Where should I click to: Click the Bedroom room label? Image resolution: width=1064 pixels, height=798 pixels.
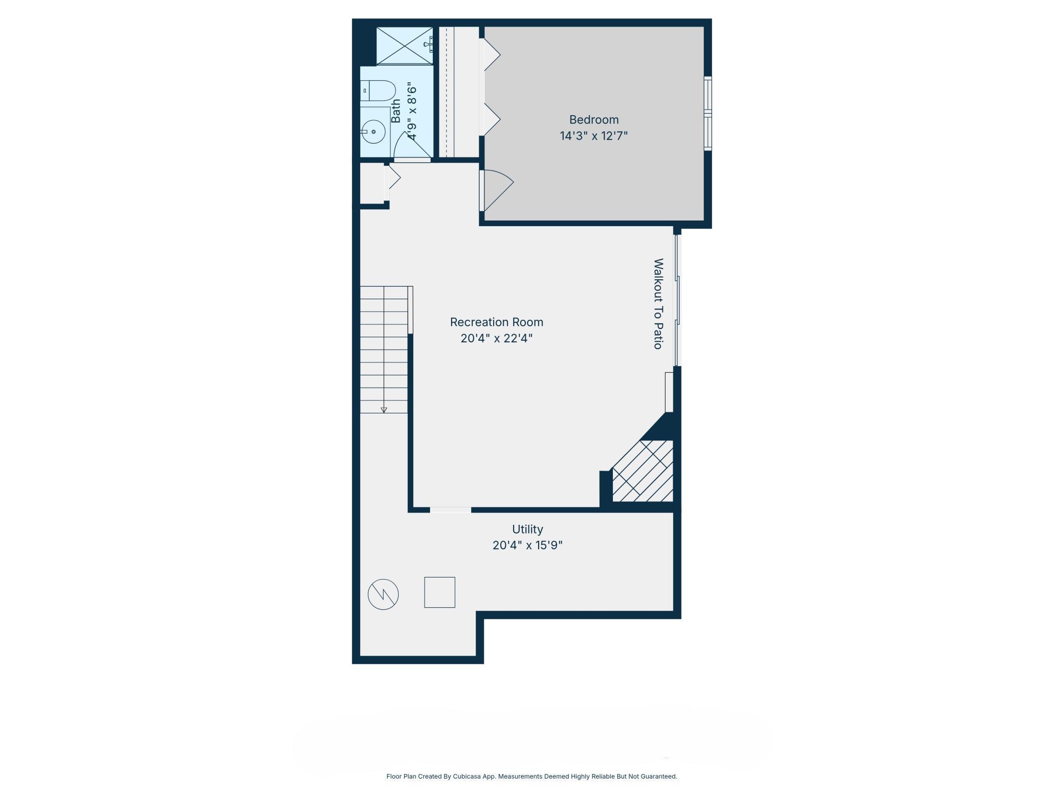(x=593, y=120)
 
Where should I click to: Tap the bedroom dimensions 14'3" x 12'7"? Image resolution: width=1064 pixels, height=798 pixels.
(x=593, y=136)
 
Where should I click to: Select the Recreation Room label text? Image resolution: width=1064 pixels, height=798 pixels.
(x=496, y=322)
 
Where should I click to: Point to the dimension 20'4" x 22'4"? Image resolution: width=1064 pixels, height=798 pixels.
(x=497, y=338)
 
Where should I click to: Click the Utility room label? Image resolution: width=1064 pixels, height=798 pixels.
(x=527, y=529)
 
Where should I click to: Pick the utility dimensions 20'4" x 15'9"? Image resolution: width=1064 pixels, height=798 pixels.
(x=527, y=545)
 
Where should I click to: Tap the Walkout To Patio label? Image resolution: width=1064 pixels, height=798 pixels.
(x=658, y=304)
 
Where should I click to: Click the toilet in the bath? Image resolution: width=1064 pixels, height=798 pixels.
(x=378, y=91)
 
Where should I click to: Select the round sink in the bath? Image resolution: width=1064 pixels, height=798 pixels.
(x=373, y=131)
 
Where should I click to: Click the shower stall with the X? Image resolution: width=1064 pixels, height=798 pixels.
(x=405, y=46)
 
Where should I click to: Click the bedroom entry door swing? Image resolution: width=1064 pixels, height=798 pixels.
(x=496, y=190)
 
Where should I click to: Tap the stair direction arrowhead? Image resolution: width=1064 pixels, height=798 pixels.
(x=384, y=410)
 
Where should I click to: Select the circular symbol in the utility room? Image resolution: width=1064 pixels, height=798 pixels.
(x=383, y=594)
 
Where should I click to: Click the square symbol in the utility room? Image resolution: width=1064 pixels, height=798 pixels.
(x=439, y=592)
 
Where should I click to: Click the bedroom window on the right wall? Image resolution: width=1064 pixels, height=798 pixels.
(x=708, y=114)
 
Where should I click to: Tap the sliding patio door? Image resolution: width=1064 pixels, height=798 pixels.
(x=677, y=300)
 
